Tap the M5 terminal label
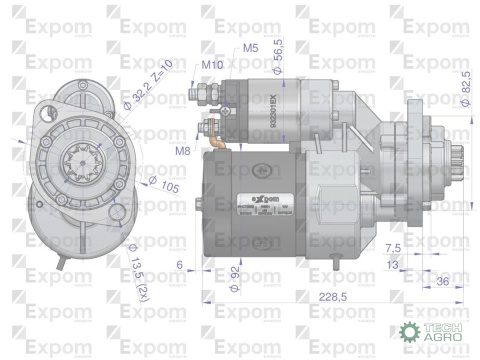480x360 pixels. [250, 47]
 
